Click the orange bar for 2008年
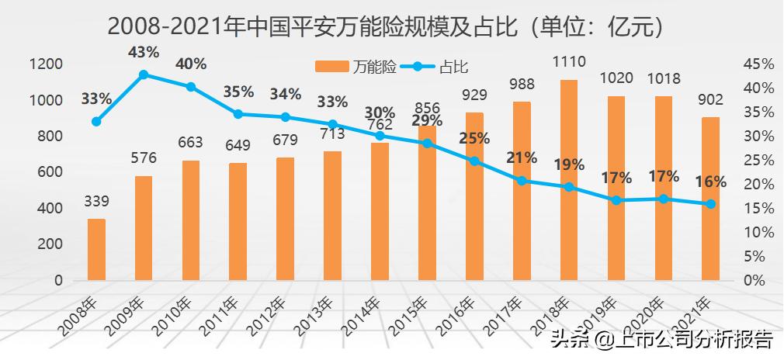96,249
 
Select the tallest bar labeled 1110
569,179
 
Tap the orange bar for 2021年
710,198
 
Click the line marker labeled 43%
144,74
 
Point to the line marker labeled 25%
474,161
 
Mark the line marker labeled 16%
710,204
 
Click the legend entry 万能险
356,67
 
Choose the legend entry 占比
438,67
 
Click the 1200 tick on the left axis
47,64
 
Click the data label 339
96,202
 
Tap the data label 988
522,85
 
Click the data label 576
144,158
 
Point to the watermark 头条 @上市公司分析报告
661,340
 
